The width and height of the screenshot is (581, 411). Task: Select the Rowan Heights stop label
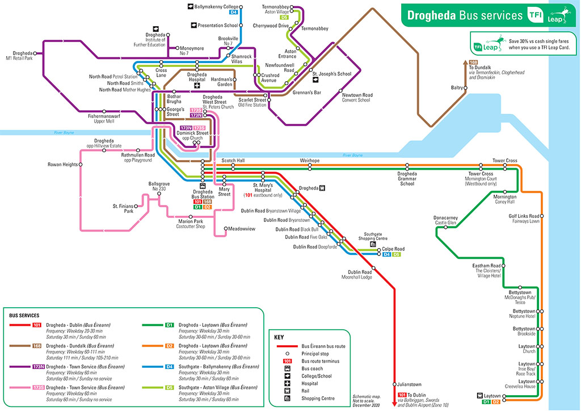pyautogui.click(x=62, y=165)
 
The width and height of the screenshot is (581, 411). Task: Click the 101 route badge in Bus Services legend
pyautogui.click(x=36, y=325)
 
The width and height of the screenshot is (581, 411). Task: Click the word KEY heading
pyautogui.click(x=279, y=337)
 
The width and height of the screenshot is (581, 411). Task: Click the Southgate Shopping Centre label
pyautogui.click(x=373, y=236)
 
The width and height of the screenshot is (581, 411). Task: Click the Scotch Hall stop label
pyautogui.click(x=233, y=161)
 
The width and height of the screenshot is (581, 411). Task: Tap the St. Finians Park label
pyautogui.click(x=123, y=208)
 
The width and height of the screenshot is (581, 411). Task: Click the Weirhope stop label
pyautogui.click(x=310, y=161)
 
